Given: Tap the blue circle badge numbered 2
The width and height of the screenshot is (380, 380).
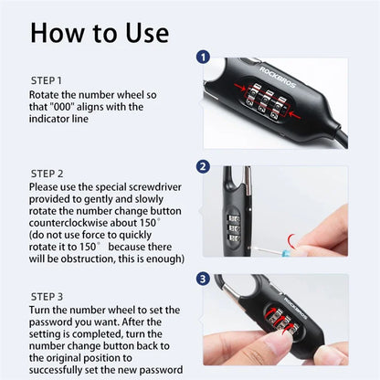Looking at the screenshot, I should [x=203, y=166].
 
